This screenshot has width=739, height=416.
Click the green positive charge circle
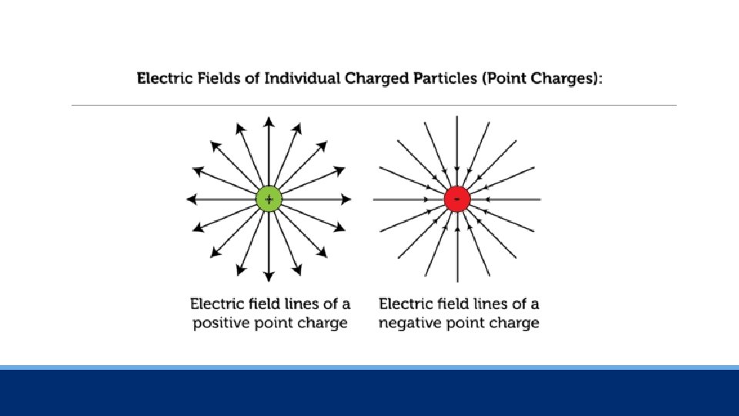[269, 200]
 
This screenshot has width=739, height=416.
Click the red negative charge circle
[457, 200]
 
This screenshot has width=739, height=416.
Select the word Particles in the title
[436, 79]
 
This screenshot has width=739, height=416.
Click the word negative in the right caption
[409, 323]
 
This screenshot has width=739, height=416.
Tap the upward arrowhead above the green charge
[269, 121]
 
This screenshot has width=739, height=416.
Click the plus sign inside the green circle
[269, 200]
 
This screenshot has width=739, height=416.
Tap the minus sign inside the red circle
[457, 200]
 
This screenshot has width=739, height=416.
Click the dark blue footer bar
[369, 393]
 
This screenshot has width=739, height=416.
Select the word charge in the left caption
[323, 323]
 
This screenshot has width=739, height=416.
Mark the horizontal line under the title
[373, 105]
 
